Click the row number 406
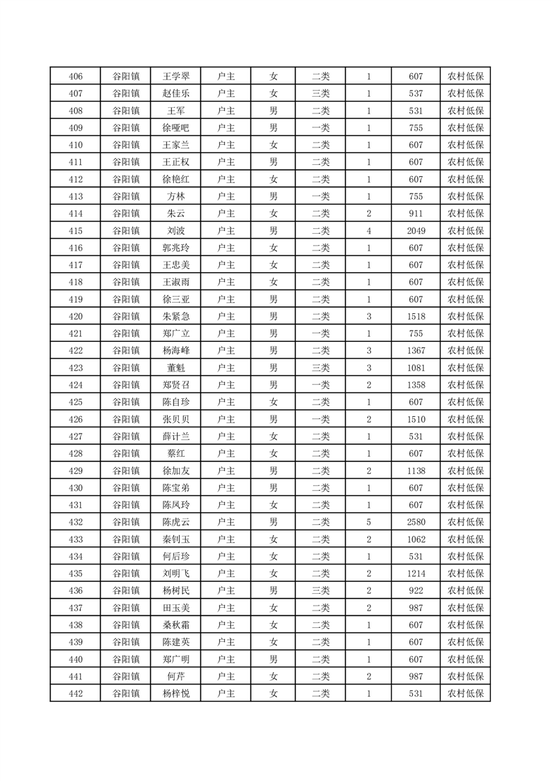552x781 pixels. pyautogui.click(x=76, y=77)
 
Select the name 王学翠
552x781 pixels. pyautogui.click(x=175, y=77)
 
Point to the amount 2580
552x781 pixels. pyautogui.click(x=416, y=522)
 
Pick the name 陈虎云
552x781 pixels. pyautogui.click(x=175, y=522)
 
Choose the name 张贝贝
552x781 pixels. pyautogui.click(x=175, y=419)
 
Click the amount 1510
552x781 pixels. pyautogui.click(x=416, y=419)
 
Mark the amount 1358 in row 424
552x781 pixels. pyautogui.click(x=416, y=385)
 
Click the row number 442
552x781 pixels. pyautogui.click(x=76, y=693)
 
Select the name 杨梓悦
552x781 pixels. pyautogui.click(x=175, y=693)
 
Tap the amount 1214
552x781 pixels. pyautogui.click(x=416, y=574)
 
